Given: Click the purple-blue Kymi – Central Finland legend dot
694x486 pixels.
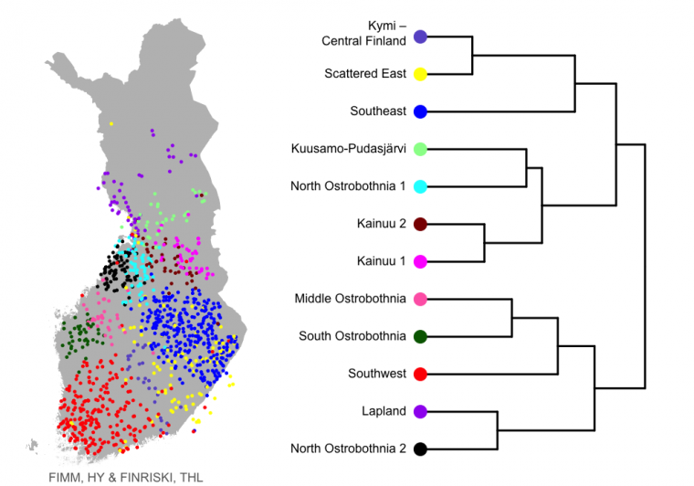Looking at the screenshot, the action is click(x=420, y=37).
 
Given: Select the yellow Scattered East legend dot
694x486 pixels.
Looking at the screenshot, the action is click(x=420, y=74).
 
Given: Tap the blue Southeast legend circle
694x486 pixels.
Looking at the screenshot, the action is click(x=420, y=111).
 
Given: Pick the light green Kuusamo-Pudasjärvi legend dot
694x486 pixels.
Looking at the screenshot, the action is click(x=420, y=149).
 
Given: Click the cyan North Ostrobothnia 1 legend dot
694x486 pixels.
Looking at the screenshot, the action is click(x=420, y=186).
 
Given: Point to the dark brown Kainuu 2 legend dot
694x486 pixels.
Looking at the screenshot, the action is click(x=420, y=224).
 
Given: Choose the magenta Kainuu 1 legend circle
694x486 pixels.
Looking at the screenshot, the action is click(x=420, y=261).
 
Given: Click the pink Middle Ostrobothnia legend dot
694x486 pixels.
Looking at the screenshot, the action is click(x=420, y=299).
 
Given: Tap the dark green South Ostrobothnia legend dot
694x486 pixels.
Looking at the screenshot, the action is click(x=420, y=336).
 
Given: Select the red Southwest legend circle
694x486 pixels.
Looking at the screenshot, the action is click(x=420, y=374).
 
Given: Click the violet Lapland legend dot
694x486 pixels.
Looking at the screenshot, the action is click(x=420, y=411).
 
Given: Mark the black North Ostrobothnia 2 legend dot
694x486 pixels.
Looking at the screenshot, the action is click(x=420, y=449).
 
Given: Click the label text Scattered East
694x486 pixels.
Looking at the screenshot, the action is click(x=365, y=73).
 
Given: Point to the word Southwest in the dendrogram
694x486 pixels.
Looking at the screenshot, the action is click(x=377, y=374).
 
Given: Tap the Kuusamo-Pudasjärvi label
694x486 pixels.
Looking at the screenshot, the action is click(x=349, y=149).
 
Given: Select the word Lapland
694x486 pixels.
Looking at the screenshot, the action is click(x=384, y=411).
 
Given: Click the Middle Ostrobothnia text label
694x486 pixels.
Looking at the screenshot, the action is click(x=351, y=299).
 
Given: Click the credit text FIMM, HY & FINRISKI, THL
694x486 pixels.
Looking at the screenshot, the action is click(x=126, y=478).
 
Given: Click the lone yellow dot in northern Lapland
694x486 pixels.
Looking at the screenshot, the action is click(x=111, y=124).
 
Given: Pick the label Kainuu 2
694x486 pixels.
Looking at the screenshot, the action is click(x=382, y=224).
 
